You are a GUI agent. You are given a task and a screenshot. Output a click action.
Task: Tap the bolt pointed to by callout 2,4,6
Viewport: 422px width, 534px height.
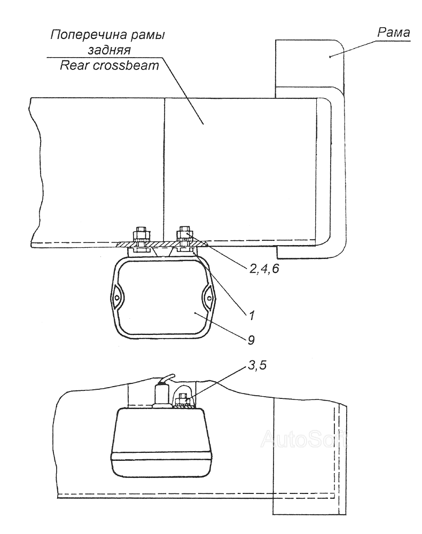185,233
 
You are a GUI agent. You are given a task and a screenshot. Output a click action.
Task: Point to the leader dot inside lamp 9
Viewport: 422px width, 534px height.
197,313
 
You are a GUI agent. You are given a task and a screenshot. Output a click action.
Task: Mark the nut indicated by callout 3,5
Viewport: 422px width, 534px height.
180,399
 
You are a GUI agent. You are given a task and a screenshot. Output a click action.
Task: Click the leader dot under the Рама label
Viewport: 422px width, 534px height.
331,56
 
